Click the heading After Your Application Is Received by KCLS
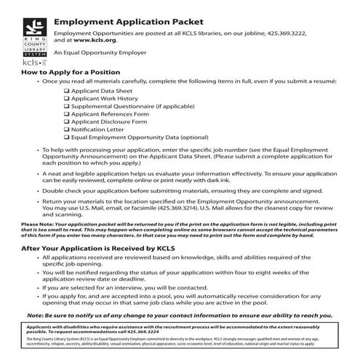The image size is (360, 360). tap(97, 248)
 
